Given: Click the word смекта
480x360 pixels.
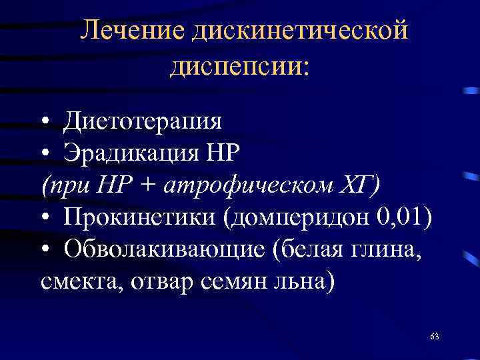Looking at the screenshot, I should [x=75, y=281].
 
